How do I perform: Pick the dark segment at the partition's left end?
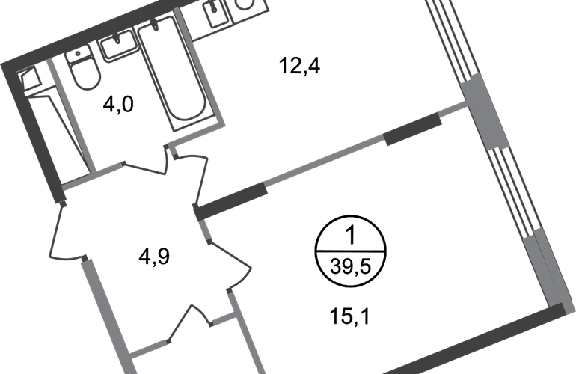pyautogui.click(x=232, y=200)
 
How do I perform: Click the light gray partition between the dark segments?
pyautogui.click(x=325, y=160)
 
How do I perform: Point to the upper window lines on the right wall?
pyautogui.click(x=445, y=37)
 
